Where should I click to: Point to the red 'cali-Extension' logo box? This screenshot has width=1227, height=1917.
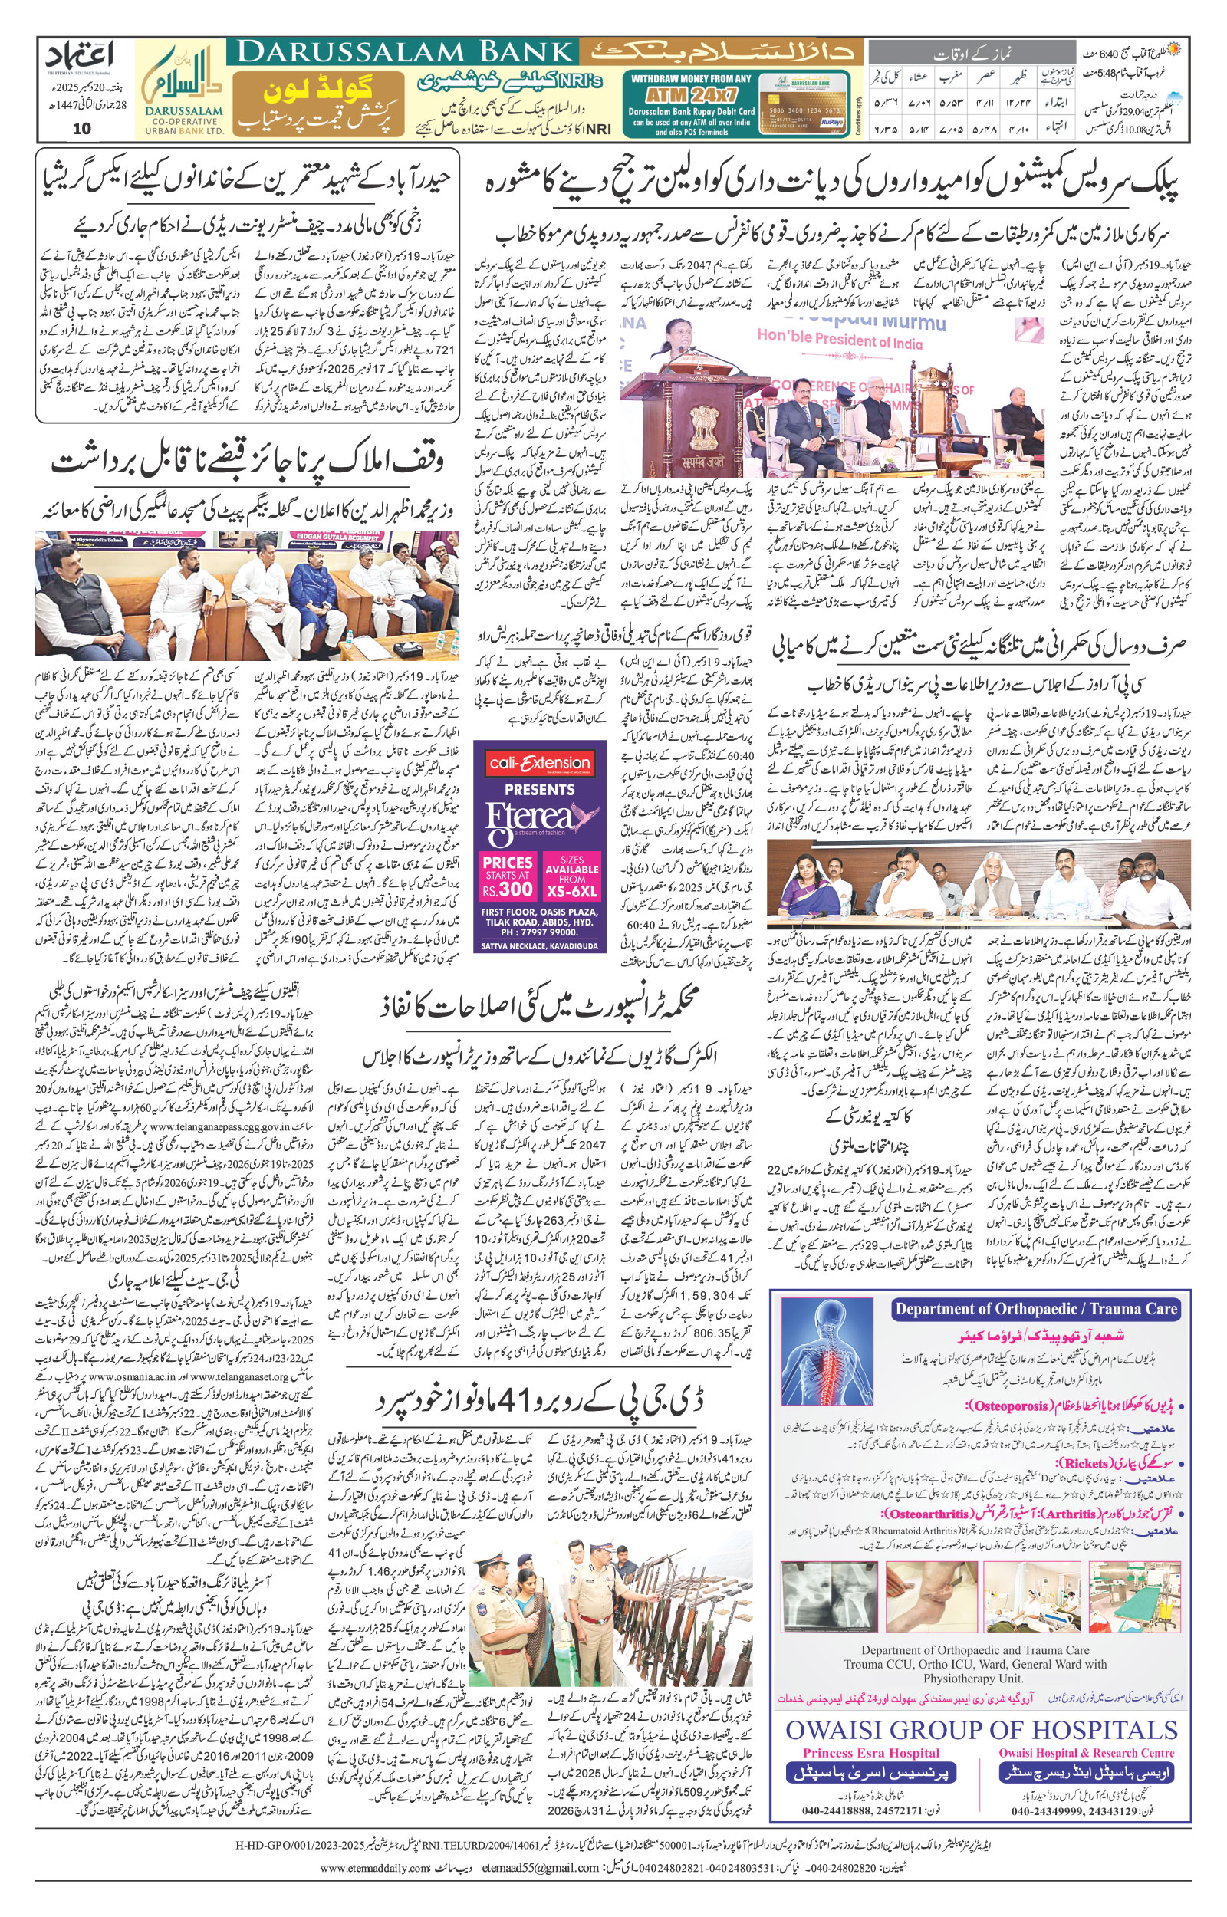[539, 763]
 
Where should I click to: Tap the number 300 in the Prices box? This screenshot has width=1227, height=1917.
[516, 889]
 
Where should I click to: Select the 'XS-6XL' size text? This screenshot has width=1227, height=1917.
[571, 890]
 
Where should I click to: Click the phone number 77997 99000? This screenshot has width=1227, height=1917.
[549, 932]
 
